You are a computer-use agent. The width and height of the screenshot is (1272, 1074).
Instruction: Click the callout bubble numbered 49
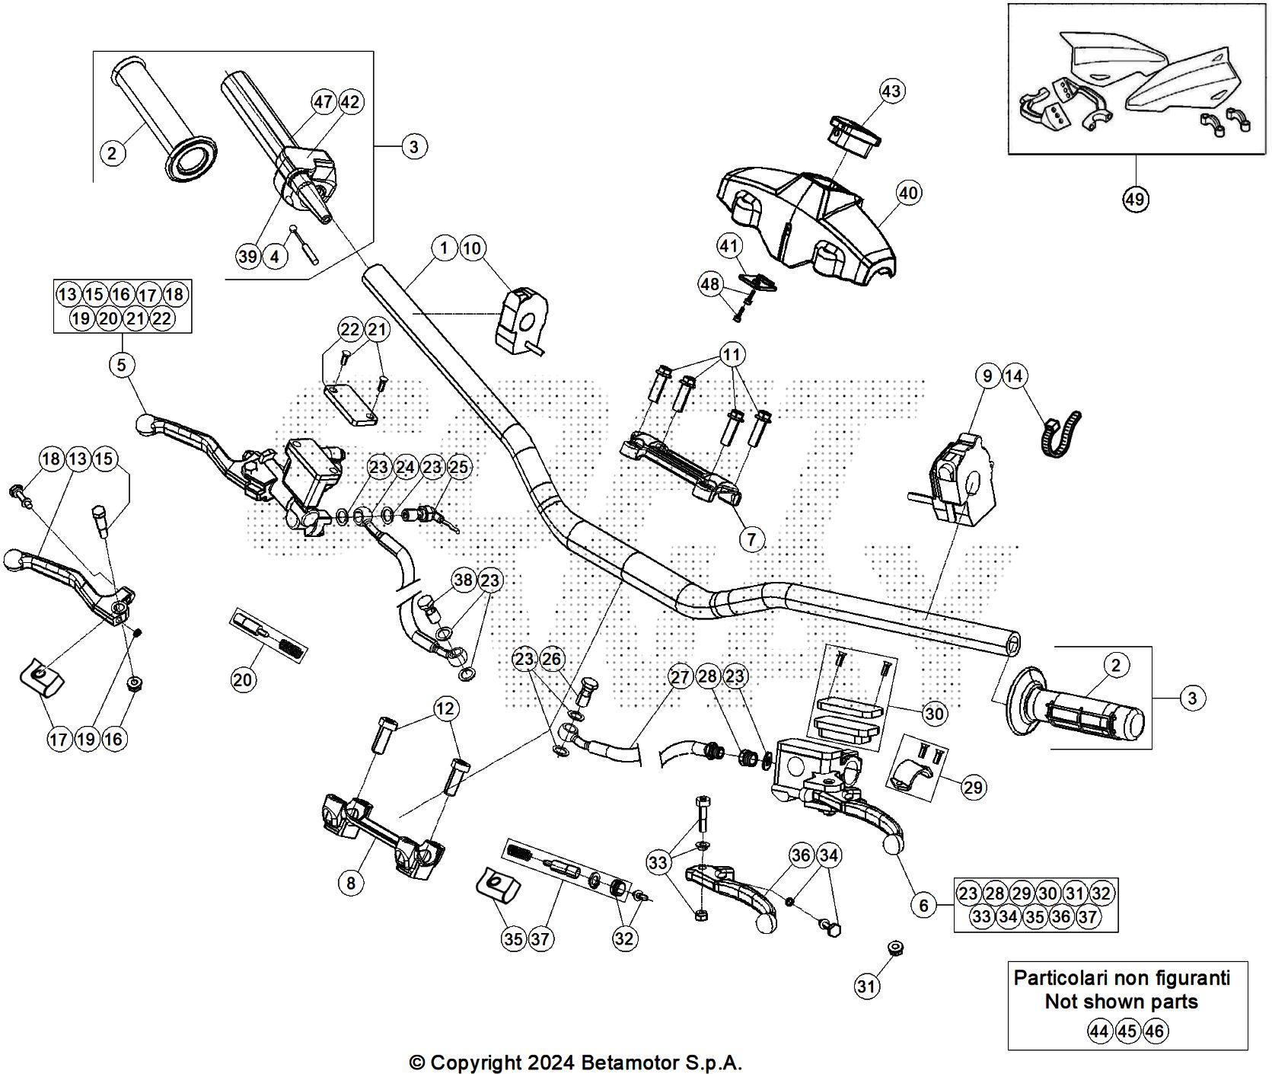tap(1134, 200)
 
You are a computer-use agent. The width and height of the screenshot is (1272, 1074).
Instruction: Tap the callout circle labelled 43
tap(891, 91)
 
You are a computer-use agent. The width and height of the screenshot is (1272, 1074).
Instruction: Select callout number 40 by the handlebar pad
tap(908, 193)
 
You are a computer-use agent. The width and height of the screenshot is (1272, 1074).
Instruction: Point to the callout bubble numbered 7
tap(751, 539)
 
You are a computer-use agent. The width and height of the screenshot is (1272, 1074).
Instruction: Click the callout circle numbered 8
tap(351, 883)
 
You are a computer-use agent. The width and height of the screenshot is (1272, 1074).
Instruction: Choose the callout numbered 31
tap(867, 987)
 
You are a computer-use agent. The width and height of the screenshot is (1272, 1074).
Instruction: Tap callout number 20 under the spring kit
tap(243, 679)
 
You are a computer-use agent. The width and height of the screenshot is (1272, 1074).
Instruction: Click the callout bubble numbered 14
tap(1014, 376)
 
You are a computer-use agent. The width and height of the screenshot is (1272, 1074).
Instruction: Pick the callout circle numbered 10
tap(472, 248)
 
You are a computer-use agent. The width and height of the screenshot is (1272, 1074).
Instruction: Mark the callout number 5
tap(121, 365)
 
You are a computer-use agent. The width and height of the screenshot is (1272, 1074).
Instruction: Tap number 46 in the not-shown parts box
tap(1154, 1031)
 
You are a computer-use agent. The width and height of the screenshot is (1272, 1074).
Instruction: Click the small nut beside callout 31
tap(896, 948)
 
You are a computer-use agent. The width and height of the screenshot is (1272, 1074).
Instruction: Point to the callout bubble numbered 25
tap(459, 466)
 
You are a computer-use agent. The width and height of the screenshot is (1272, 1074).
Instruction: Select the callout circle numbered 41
tap(729, 246)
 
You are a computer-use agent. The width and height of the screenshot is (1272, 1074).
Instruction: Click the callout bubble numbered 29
tap(973, 786)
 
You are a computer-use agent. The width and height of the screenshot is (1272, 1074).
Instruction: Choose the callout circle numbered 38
tap(463, 580)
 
